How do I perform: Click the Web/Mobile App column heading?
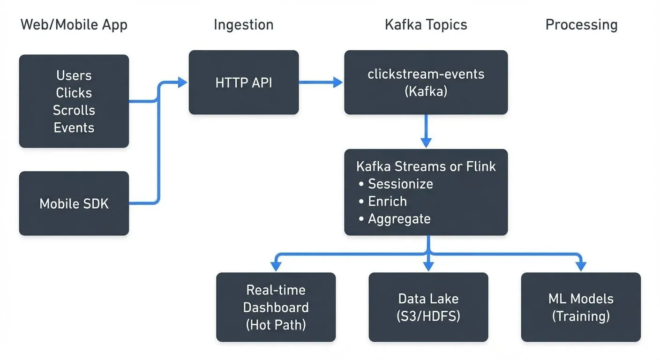pos(74,25)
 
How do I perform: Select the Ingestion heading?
pos(243,25)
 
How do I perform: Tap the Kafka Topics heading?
pos(426,25)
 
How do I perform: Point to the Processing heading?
pos(581,25)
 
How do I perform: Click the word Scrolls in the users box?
pos(74,110)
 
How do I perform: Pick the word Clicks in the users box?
pos(74,93)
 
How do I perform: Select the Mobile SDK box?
pos(74,203)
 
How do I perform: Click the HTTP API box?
pos(243,82)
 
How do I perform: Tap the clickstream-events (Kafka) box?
pos(426,82)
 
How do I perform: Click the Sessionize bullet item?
pos(400,184)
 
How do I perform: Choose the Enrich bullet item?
pos(387,201)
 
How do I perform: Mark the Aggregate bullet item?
pos(398,218)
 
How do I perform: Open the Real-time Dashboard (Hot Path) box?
pos(276,307)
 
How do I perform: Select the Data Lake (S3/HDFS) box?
pos(428,307)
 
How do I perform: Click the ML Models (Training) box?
pos(581,307)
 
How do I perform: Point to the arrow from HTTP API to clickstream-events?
pos(321,82)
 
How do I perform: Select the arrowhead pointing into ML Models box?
pos(581,266)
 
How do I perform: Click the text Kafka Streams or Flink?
pos(426,166)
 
